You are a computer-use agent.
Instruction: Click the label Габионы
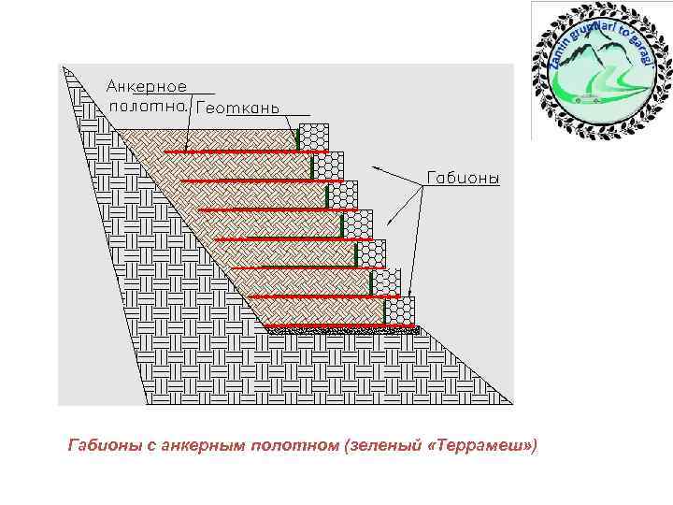click(x=463, y=178)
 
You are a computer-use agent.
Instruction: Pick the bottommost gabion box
click(x=400, y=311)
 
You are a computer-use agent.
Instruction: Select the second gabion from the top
click(x=328, y=166)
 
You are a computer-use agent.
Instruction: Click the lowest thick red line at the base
click(x=341, y=328)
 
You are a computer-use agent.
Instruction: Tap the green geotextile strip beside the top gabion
click(x=298, y=138)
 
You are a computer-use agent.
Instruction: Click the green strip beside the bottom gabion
click(x=384, y=311)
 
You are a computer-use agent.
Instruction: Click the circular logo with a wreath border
click(x=599, y=69)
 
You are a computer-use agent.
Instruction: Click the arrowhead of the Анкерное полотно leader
click(x=186, y=149)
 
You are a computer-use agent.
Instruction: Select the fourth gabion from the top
click(x=357, y=224)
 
